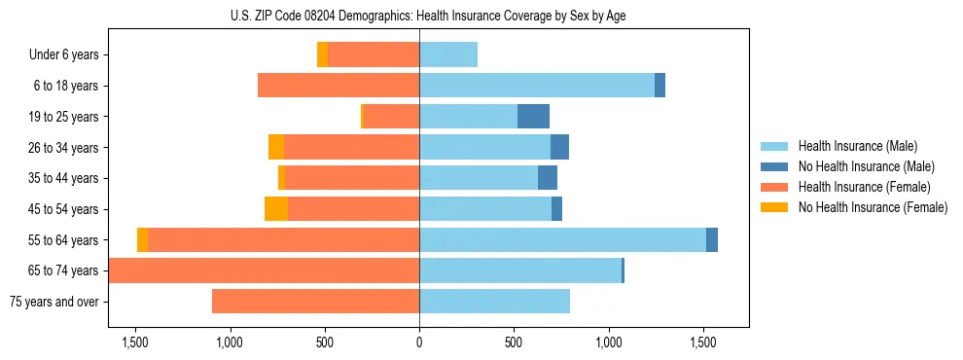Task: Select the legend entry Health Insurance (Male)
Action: pyautogui.click(x=856, y=146)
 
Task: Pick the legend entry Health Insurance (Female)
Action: pyautogui.click(x=864, y=187)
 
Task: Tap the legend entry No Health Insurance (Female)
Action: pyautogui.click(x=873, y=207)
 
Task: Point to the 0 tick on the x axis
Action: pyautogui.click(x=419, y=343)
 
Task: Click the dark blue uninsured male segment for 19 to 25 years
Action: pyautogui.click(x=533, y=117)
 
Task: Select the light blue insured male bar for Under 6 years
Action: pyautogui.click(x=448, y=55)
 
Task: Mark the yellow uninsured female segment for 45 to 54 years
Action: pyautogui.click(x=276, y=209)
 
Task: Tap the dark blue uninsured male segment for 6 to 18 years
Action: pyautogui.click(x=660, y=86)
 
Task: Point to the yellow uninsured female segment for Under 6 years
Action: pyautogui.click(x=323, y=55)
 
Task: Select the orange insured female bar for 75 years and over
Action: pyautogui.click(x=315, y=302)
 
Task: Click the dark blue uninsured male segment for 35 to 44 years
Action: pyautogui.click(x=548, y=178)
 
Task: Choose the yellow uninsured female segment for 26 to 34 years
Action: pyautogui.click(x=276, y=148)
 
